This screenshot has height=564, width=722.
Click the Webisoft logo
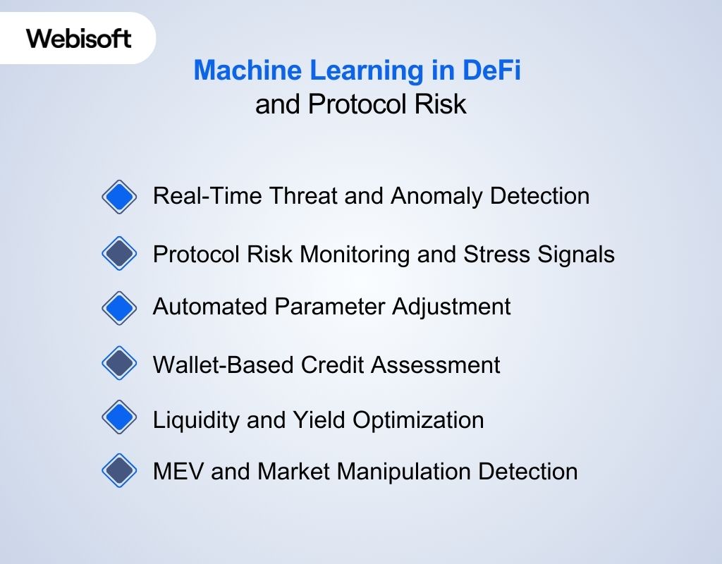click(79, 37)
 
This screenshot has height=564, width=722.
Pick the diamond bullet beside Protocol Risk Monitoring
click(120, 253)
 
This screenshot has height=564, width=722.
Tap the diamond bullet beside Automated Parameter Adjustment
click(120, 307)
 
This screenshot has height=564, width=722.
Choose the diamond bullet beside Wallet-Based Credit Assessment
click(120, 364)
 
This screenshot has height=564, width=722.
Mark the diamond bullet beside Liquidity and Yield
click(120, 418)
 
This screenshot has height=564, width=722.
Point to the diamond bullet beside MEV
click(120, 471)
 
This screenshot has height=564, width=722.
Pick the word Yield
click(318, 419)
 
